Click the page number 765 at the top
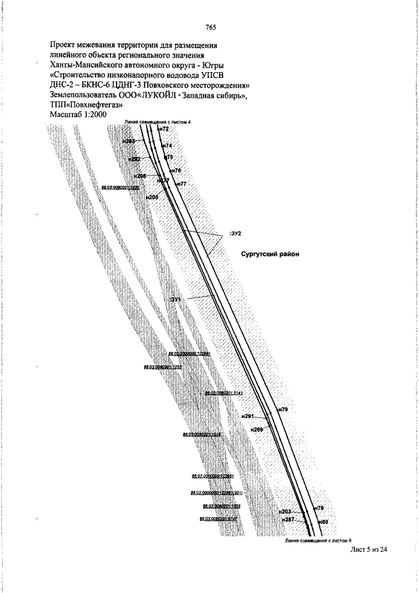211,27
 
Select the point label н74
168,145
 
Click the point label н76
176,170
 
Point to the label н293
129,142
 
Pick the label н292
134,159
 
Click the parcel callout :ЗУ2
236,233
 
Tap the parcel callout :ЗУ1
177,299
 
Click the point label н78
283,410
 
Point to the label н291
247,417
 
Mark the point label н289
257,429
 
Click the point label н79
319,508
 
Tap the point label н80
322,522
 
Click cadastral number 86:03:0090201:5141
224,393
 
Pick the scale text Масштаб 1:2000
78,115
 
